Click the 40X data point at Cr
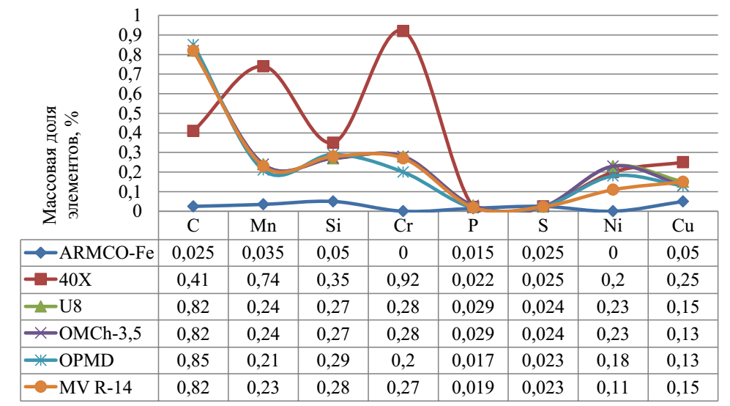pos(403,31)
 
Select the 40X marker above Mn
pos(263,66)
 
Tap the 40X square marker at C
pos(193,130)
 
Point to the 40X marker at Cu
pos(682,162)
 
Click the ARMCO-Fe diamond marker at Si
pos(333,202)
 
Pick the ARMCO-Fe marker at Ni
pos(613,211)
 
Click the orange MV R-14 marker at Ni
pos(613,190)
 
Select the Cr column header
pos(403,226)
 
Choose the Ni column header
pos(613,226)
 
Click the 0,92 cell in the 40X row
pos(403,280)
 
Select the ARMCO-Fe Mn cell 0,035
pos(263,254)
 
